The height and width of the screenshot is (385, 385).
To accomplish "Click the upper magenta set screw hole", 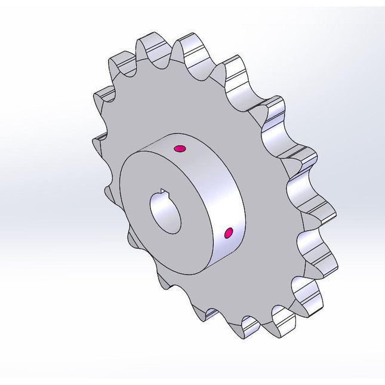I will click(x=179, y=148).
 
